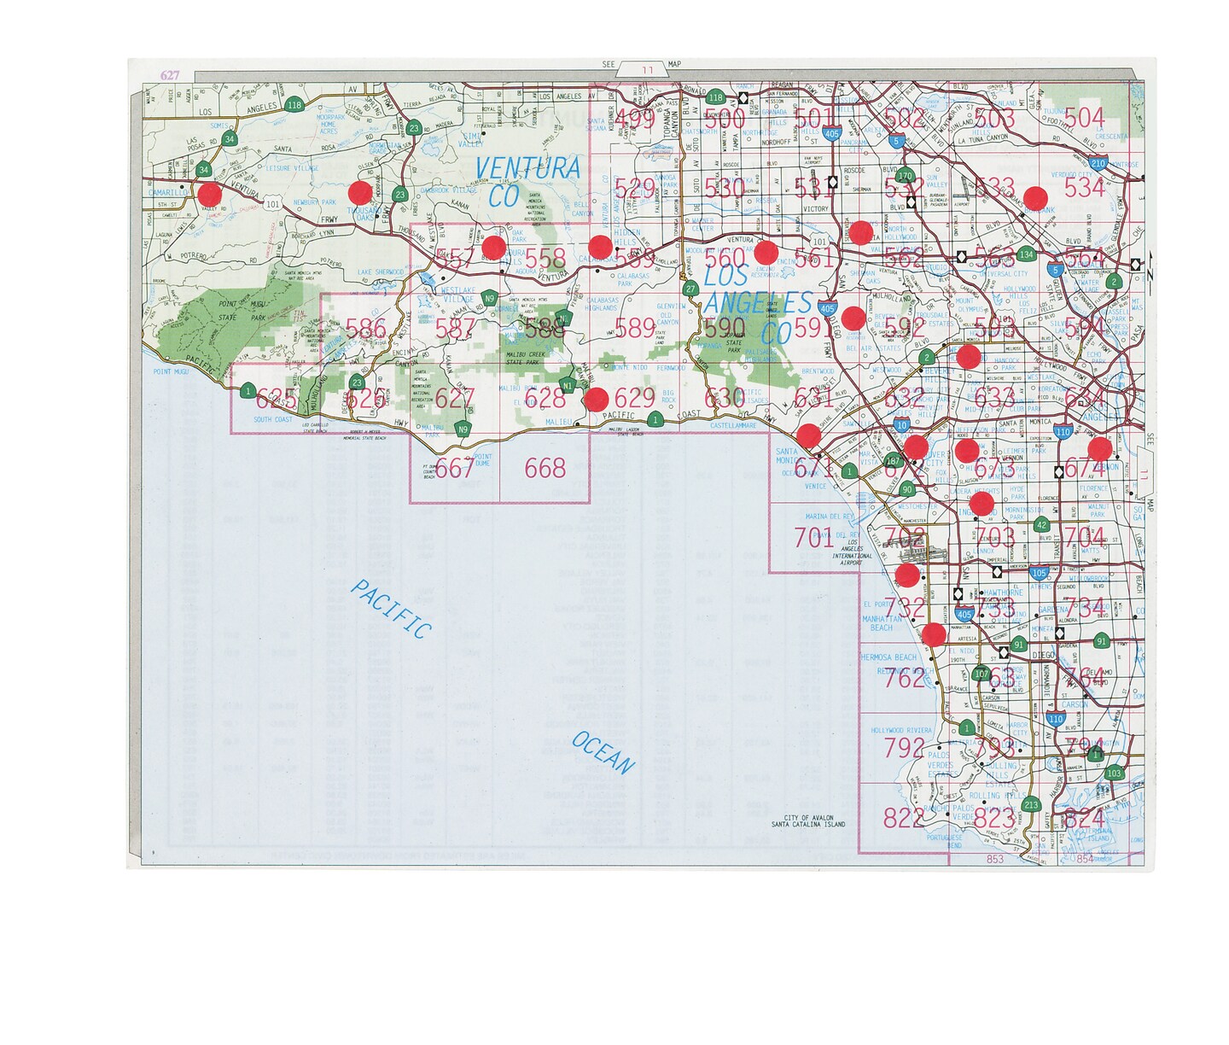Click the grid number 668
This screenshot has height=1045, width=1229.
(x=545, y=468)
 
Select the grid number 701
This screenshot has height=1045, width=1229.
(x=813, y=538)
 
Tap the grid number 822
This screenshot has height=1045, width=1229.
(x=903, y=818)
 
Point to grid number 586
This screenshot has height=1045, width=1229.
(x=366, y=329)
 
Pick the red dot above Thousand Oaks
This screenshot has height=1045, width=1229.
(x=360, y=192)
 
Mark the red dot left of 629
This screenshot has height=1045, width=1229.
(x=597, y=398)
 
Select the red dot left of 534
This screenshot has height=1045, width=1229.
(x=1036, y=198)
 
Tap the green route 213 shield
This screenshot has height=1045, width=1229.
(x=1032, y=804)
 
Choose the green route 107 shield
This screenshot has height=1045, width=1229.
(x=981, y=674)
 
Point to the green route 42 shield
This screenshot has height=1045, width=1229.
(x=1040, y=526)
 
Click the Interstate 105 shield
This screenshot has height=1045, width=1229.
(x=1039, y=574)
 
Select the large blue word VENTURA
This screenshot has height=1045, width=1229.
(x=527, y=168)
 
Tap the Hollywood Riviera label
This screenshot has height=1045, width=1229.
(x=901, y=731)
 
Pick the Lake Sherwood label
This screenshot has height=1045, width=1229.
(x=380, y=272)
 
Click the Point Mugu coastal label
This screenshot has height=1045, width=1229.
(x=171, y=372)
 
